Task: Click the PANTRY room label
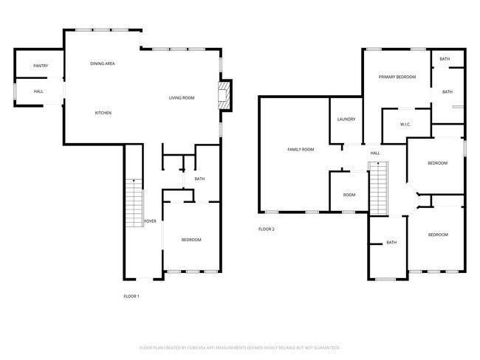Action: pyautogui.click(x=41, y=66)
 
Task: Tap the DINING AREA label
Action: pyautogui.click(x=102, y=63)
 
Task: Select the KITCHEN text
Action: pyautogui.click(x=103, y=113)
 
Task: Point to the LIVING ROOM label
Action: pyautogui.click(x=181, y=97)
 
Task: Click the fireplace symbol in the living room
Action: pyautogui.click(x=224, y=96)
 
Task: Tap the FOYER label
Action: pyautogui.click(x=150, y=221)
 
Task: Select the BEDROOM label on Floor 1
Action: pyautogui.click(x=191, y=240)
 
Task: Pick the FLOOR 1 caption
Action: pyautogui.click(x=131, y=296)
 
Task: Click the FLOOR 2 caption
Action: pyautogui.click(x=266, y=229)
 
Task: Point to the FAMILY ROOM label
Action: pyautogui.click(x=301, y=149)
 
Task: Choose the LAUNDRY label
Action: pyautogui.click(x=346, y=120)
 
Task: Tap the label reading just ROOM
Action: pyautogui.click(x=349, y=195)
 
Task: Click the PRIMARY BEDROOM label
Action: pyautogui.click(x=397, y=77)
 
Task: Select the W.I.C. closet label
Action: pyautogui.click(x=405, y=125)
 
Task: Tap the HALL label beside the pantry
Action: pyautogui.click(x=38, y=91)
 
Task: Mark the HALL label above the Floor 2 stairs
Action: pyautogui.click(x=375, y=153)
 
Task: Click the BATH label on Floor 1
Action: pyautogui.click(x=199, y=179)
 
